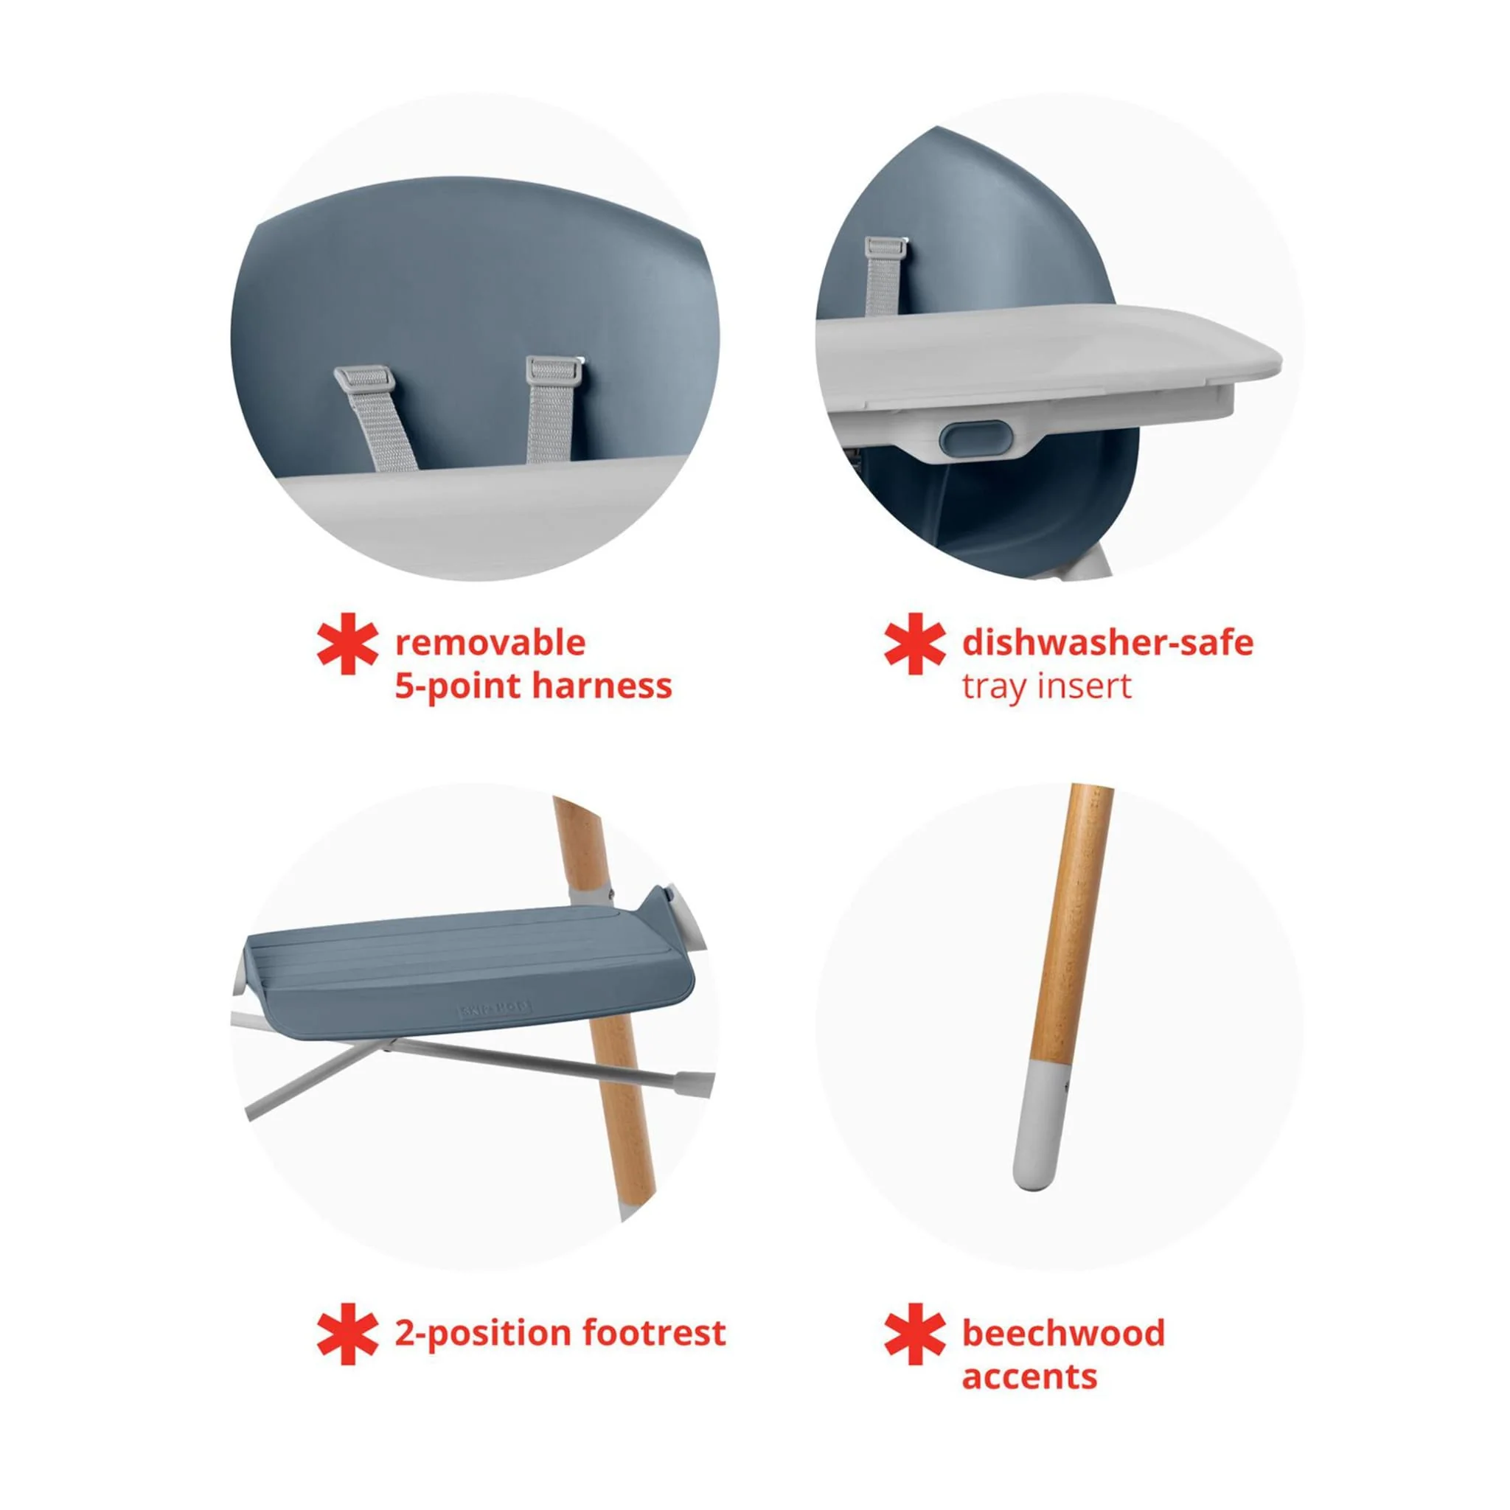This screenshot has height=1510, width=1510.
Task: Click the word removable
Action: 490,643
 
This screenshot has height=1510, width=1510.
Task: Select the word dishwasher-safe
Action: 1107,643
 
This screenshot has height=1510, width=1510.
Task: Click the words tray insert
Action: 1046,686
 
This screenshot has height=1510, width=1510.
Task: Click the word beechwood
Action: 1063,1332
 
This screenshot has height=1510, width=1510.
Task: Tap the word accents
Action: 1029,1376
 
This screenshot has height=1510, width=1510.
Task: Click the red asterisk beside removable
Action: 348,643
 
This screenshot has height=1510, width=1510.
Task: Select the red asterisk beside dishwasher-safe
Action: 914,643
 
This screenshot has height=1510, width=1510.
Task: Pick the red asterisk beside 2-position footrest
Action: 348,1333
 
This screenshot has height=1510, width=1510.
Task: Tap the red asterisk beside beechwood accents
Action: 914,1333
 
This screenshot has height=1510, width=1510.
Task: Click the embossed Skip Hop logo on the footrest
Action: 493,1009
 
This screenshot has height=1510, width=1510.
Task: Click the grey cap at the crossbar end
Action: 694,1082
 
